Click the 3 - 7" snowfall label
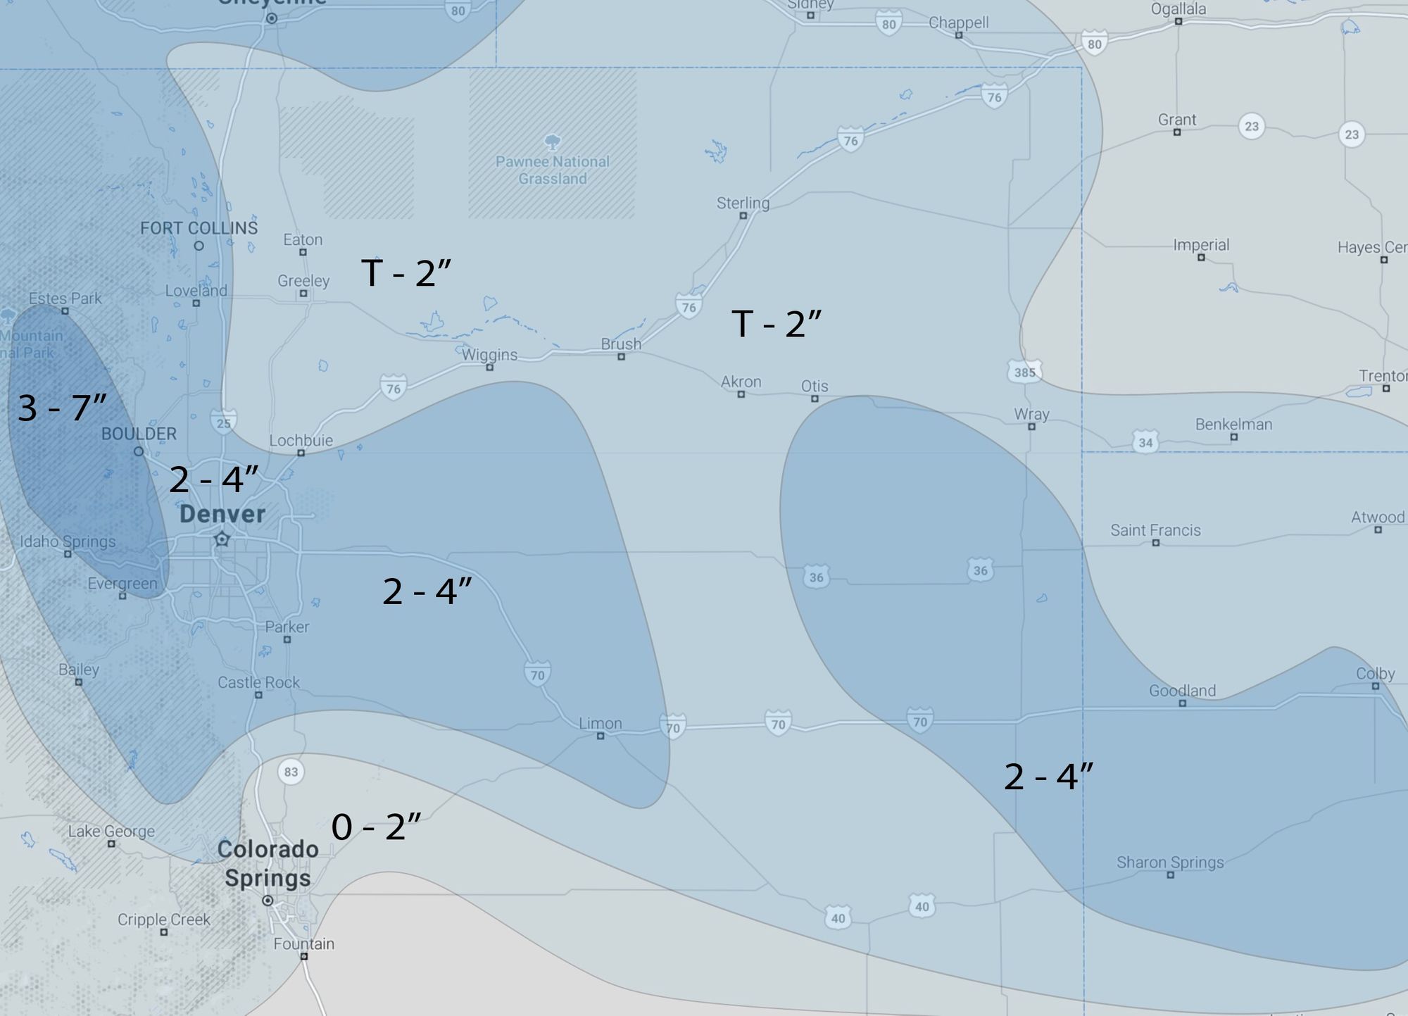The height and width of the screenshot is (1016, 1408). click(x=62, y=408)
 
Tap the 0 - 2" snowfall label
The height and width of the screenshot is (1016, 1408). click(x=376, y=827)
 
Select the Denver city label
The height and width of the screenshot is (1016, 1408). click(x=222, y=514)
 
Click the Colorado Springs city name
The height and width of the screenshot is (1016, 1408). click(x=268, y=863)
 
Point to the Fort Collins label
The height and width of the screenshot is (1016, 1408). click(x=199, y=228)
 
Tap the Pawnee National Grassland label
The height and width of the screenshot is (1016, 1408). click(x=553, y=170)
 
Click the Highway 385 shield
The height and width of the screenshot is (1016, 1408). click(x=1024, y=372)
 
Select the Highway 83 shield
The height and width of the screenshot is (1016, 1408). click(x=291, y=772)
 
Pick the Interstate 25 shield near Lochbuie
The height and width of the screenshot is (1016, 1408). click(x=223, y=423)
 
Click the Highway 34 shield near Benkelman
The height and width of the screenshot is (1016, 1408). click(x=1145, y=442)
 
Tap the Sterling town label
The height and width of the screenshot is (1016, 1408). click(x=743, y=203)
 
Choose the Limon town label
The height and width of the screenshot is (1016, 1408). click(x=600, y=723)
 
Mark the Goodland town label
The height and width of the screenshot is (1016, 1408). click(x=1182, y=691)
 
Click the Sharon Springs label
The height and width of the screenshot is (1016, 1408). click(x=1170, y=863)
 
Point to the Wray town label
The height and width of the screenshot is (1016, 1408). click(x=1031, y=414)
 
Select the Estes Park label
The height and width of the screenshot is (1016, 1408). click(x=65, y=298)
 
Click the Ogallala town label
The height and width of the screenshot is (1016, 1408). click(x=1178, y=9)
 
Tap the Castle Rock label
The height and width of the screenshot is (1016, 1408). click(x=258, y=682)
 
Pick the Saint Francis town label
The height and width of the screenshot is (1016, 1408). click(x=1155, y=530)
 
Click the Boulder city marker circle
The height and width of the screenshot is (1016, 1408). click(x=139, y=451)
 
